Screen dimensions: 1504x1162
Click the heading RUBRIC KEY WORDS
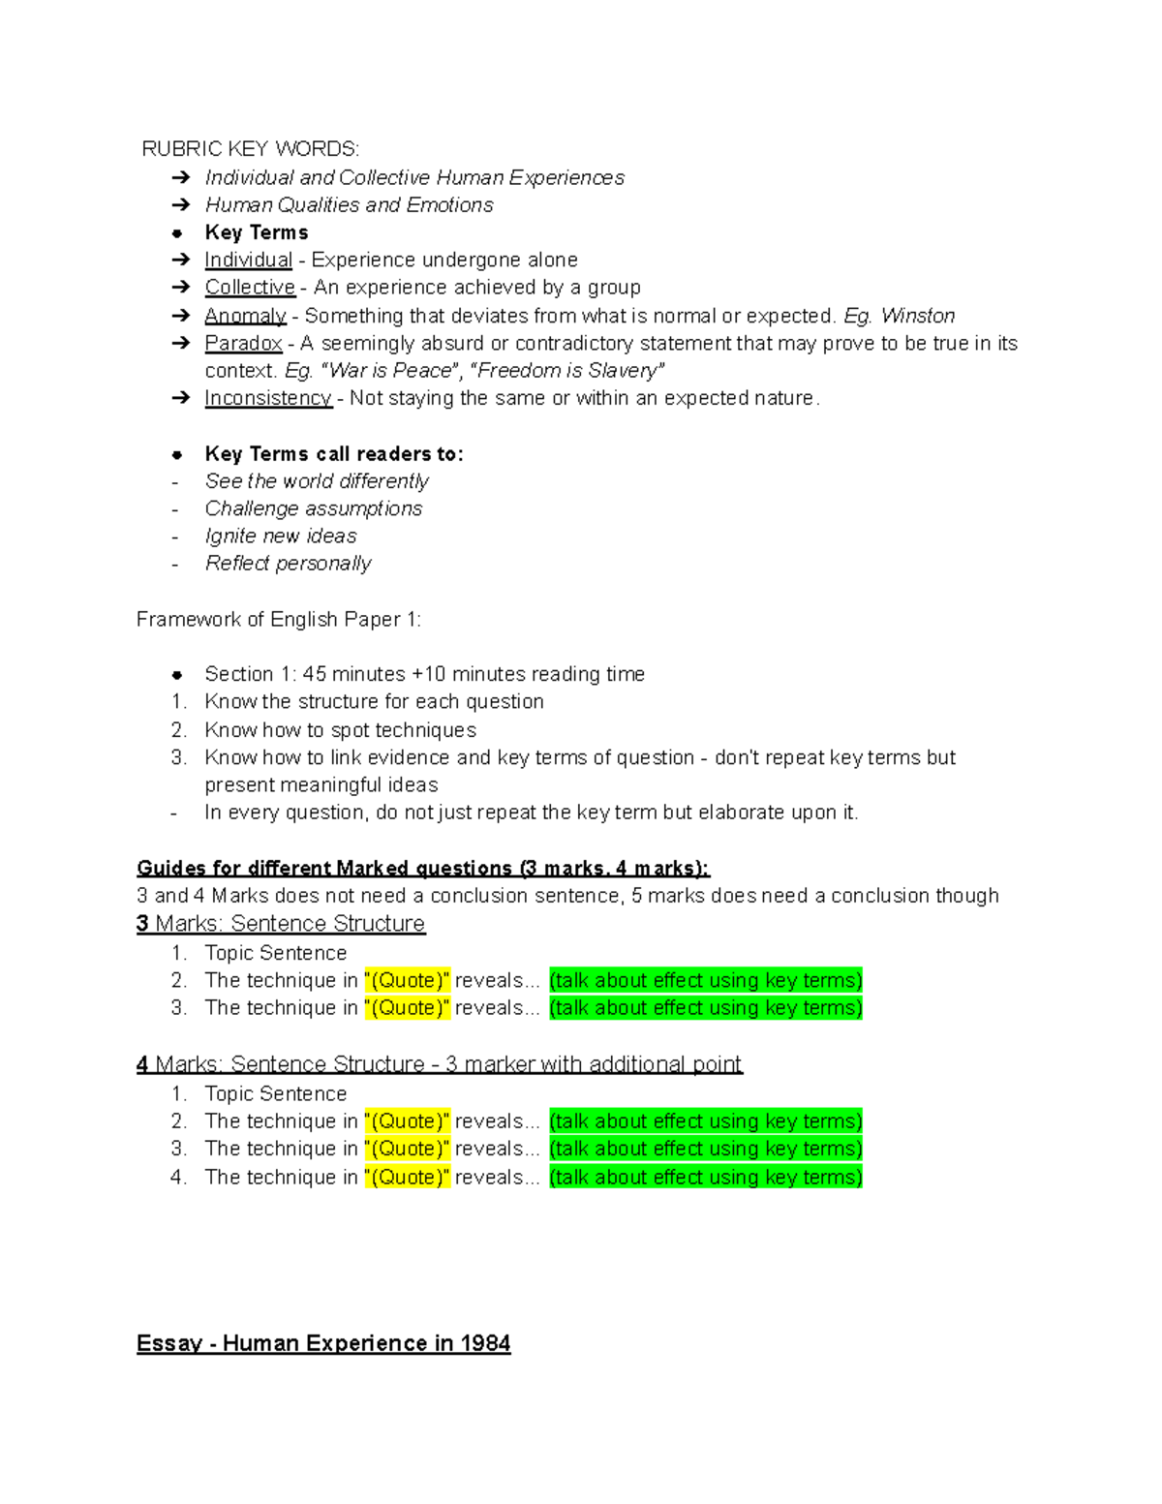pyautogui.click(x=250, y=148)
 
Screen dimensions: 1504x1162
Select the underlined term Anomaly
pyautogui.click(x=245, y=316)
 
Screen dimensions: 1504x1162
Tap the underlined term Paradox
pyautogui.click(x=243, y=343)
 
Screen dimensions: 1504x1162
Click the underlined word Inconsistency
pyautogui.click(x=267, y=398)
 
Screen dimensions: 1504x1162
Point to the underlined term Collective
pyautogui.click(x=250, y=288)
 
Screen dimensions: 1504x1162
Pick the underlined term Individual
pyautogui.click(x=248, y=260)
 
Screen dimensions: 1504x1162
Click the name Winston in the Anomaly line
pyautogui.click(x=917, y=316)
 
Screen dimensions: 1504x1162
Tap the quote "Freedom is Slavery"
pyautogui.click(x=566, y=371)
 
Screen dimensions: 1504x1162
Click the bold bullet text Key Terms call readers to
pyautogui.click(x=334, y=454)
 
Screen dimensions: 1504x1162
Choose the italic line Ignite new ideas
pyautogui.click(x=281, y=536)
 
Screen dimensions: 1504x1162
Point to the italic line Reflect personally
pyautogui.click(x=288, y=564)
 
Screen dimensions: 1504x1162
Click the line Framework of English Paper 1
pyautogui.click(x=279, y=619)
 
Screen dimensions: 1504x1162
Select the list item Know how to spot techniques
pyautogui.click(x=340, y=730)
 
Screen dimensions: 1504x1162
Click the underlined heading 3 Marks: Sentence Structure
pyautogui.click(x=281, y=924)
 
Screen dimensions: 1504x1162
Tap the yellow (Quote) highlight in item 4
pyautogui.click(x=407, y=1178)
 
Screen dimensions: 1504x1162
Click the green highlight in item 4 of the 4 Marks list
pyautogui.click(x=705, y=1178)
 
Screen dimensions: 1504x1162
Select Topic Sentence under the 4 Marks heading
pyautogui.click(x=275, y=1093)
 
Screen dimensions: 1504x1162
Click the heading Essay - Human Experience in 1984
pyautogui.click(x=323, y=1343)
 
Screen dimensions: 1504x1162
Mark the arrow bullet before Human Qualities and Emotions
pyautogui.click(x=180, y=205)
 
